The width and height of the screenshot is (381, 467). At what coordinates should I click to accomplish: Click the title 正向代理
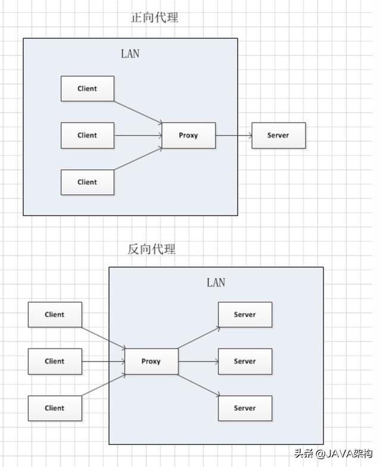point(155,17)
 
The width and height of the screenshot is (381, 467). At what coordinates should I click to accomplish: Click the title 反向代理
point(152,249)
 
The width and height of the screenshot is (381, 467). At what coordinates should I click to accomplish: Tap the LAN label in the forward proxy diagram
point(130,54)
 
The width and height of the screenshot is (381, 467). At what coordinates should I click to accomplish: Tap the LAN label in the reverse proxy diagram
point(216,282)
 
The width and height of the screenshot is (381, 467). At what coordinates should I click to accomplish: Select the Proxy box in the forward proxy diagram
point(189,135)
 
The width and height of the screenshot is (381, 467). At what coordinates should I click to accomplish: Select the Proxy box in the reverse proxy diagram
point(151,361)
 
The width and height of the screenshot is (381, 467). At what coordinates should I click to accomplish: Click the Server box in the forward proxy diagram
point(278,135)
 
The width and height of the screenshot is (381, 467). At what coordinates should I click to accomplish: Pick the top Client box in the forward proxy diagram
point(88,89)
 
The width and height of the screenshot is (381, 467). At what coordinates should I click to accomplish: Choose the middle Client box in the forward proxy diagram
point(88,135)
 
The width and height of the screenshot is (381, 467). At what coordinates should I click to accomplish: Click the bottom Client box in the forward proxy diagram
point(88,182)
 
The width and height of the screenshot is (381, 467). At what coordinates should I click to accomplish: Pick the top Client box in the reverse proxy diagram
point(55,315)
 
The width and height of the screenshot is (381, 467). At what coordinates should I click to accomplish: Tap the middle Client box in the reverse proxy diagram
point(55,361)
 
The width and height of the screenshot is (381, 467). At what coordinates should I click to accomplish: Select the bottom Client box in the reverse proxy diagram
point(55,408)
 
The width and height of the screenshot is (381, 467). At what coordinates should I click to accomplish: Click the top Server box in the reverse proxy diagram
point(245,315)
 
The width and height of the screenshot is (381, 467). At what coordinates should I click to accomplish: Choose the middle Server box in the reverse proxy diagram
point(245,361)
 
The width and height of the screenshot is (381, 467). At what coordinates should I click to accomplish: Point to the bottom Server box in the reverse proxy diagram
point(245,408)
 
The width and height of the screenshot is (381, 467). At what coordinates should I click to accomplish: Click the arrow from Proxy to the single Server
point(233,135)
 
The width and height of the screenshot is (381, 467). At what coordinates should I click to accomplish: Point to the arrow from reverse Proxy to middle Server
point(198,361)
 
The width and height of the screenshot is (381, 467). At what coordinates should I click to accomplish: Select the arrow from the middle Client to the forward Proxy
point(138,135)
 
